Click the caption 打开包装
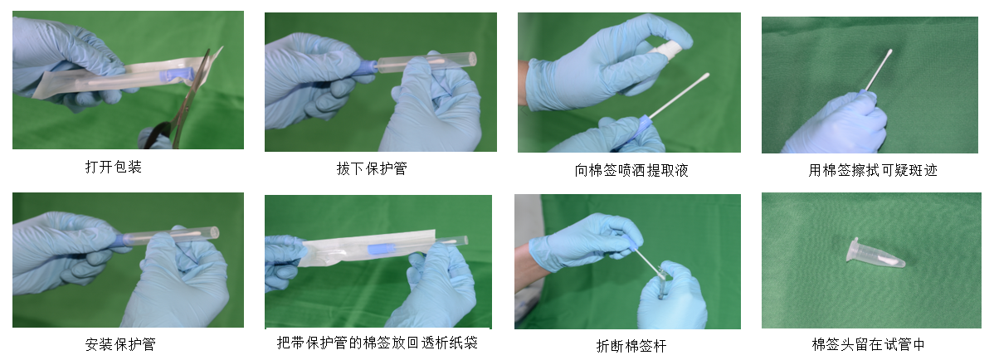coord(114,168)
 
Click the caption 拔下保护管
coord(372,168)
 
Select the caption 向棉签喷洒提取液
coord(631,170)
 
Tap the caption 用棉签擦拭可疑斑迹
coord(872,170)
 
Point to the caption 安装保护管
coord(120,344)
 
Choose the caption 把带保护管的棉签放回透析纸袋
coord(378,343)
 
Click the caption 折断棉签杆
coord(631,345)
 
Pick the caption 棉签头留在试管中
coord(869,344)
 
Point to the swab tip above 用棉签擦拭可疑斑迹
coord(889,53)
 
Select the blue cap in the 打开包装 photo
coord(176,75)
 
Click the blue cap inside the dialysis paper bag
coord(381,249)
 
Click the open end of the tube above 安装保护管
coord(215,232)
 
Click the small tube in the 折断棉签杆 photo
coord(662,282)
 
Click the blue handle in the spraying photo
coord(642,125)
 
